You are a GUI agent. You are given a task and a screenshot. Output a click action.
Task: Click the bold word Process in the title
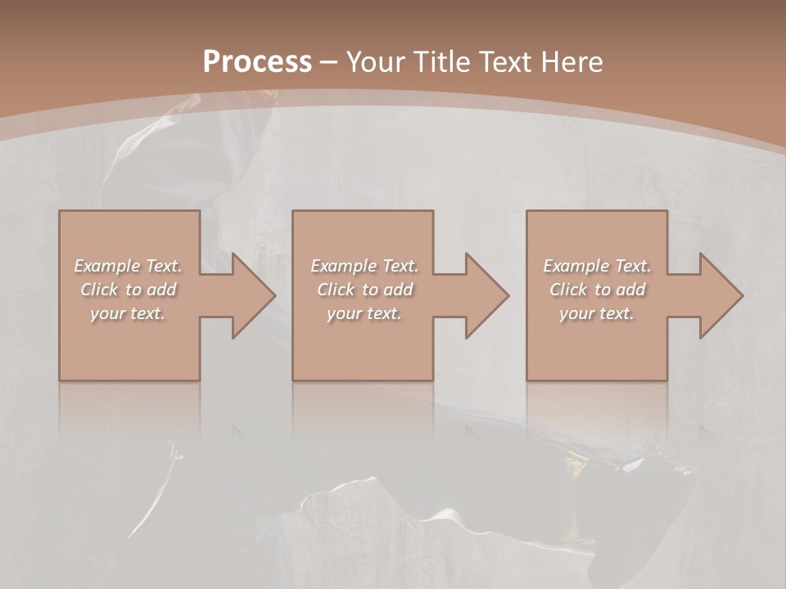(x=257, y=62)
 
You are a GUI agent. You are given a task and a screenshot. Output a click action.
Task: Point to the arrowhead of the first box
(x=251, y=295)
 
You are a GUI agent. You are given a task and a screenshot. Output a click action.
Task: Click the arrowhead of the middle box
(x=484, y=295)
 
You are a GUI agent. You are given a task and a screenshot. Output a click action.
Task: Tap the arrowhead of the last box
(x=718, y=295)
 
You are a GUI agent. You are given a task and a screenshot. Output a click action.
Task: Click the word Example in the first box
(x=107, y=266)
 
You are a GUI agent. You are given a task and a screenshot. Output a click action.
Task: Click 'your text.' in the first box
(x=129, y=314)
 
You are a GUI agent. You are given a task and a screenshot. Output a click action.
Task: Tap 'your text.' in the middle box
(x=364, y=314)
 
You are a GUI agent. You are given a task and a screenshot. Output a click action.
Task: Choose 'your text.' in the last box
(x=597, y=314)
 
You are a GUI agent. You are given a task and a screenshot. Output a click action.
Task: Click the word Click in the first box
(x=98, y=290)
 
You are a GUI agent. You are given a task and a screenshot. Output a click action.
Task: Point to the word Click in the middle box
(x=335, y=290)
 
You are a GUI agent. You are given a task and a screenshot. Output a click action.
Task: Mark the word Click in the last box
(x=567, y=290)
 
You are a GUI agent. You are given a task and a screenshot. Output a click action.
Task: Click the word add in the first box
(x=161, y=290)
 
